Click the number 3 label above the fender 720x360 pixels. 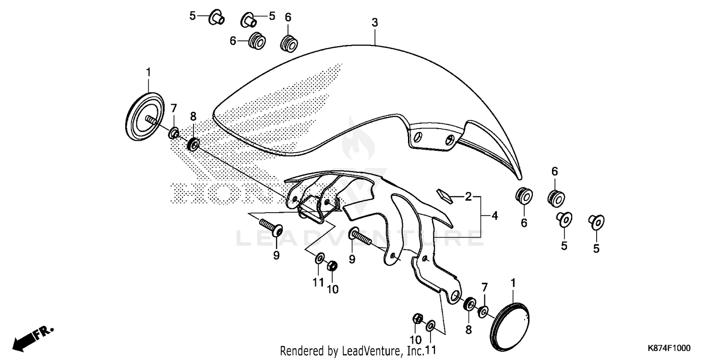tap(374, 23)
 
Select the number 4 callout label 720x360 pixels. tap(494, 216)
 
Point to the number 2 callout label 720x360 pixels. tap(468, 196)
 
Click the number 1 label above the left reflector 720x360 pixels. tap(148, 72)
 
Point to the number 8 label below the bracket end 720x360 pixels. tap(468, 330)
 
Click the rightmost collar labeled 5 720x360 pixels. tap(596, 221)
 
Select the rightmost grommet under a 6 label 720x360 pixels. tap(555, 197)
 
